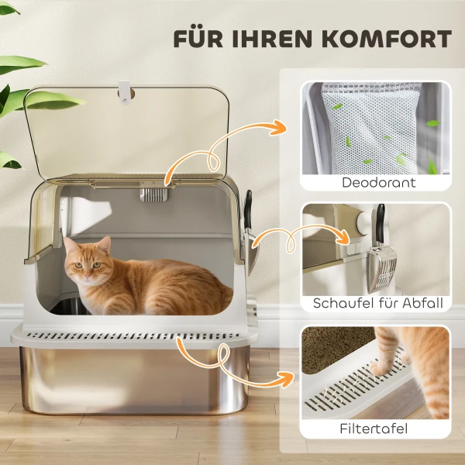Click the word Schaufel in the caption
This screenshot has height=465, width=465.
click(x=343, y=303)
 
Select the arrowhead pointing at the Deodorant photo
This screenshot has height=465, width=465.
click(x=279, y=126)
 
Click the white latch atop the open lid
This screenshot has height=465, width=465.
click(x=123, y=94)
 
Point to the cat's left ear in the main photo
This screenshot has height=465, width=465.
click(x=104, y=245)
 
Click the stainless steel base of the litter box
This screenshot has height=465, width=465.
click(x=132, y=384)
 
